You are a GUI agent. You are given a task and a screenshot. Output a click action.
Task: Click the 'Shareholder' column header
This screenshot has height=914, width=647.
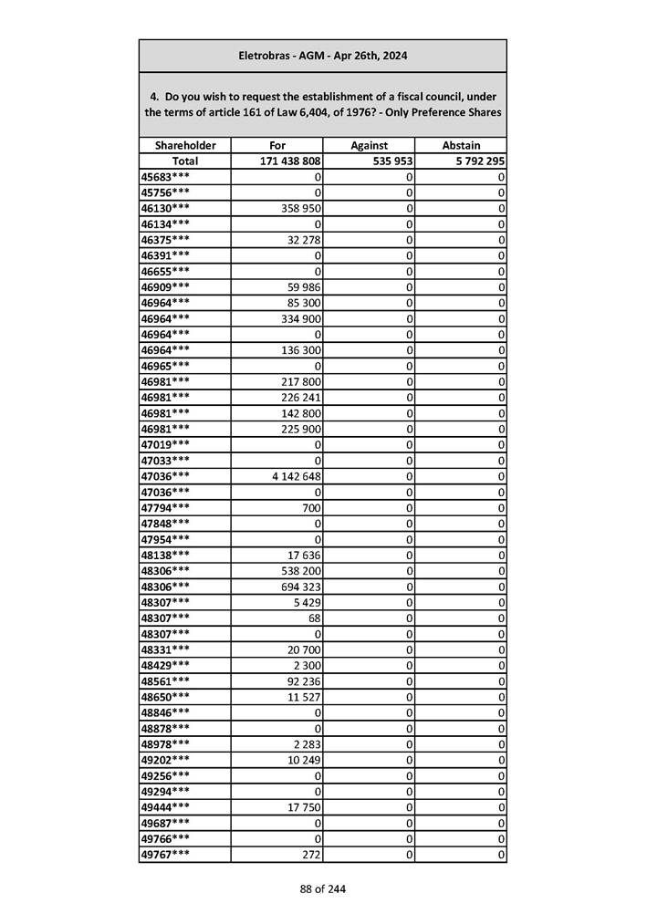click(x=185, y=145)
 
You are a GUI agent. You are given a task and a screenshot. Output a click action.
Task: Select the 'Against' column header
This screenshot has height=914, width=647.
click(x=369, y=145)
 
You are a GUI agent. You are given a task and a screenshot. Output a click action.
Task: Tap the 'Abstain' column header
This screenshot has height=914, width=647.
click(x=461, y=145)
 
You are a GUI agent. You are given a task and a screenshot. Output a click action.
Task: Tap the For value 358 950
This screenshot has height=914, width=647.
click(x=301, y=208)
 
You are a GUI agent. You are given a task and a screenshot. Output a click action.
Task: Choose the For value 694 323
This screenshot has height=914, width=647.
click(x=301, y=586)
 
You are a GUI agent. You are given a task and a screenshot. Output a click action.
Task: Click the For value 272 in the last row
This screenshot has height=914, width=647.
click(x=312, y=854)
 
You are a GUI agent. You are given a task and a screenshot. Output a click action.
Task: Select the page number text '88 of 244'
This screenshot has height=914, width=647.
click(x=323, y=888)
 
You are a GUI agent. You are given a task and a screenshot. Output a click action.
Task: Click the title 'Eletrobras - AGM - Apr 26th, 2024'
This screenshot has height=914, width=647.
click(x=323, y=56)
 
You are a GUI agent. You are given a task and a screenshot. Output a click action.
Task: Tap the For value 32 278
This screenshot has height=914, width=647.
click(x=304, y=240)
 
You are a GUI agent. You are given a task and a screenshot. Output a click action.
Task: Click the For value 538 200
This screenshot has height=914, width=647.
click(x=301, y=570)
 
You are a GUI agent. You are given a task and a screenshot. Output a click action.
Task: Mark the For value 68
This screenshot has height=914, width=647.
click(x=315, y=618)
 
